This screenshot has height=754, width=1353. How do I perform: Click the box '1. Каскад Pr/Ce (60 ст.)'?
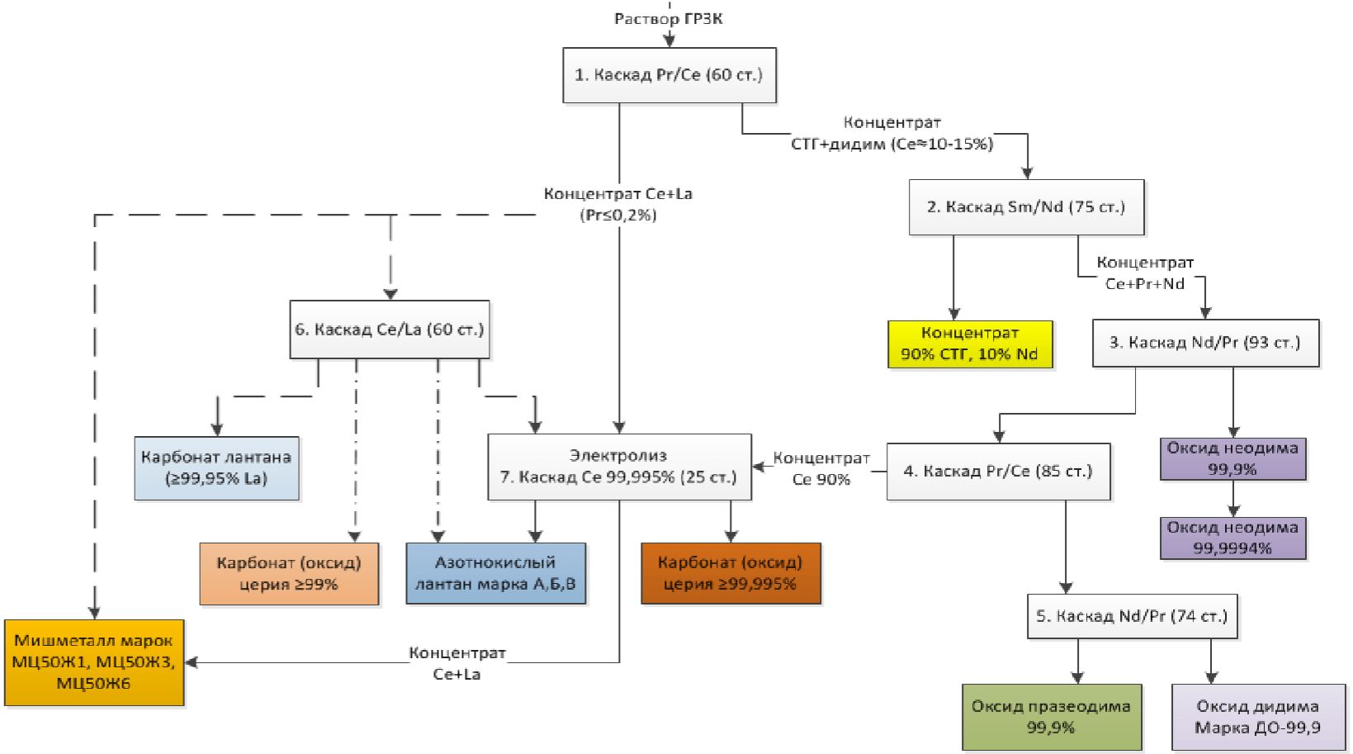(669, 75)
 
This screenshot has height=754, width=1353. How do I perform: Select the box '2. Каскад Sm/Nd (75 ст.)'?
(1026, 207)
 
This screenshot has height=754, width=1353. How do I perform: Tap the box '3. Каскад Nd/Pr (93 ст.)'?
(1205, 343)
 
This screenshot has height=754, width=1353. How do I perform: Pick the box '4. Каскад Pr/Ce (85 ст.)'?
(998, 472)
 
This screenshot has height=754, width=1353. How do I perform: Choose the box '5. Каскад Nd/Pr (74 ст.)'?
(1132, 616)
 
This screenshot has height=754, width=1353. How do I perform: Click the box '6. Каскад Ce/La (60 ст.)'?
(390, 330)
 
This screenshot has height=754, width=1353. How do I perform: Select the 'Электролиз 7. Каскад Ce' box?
(619, 467)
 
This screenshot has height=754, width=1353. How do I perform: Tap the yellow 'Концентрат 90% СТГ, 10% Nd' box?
(970, 344)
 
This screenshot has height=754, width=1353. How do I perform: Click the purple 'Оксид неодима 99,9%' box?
(1232, 458)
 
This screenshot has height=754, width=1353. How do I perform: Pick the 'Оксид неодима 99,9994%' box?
(1232, 538)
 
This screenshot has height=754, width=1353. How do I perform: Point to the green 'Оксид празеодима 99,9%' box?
(1052, 717)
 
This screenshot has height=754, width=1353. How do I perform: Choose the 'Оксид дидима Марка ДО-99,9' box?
(1257, 717)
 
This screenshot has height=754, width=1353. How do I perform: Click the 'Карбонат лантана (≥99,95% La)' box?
(216, 468)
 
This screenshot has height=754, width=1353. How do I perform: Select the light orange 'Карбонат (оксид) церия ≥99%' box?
(289, 574)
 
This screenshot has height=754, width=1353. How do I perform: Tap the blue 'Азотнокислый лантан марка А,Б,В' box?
(495, 574)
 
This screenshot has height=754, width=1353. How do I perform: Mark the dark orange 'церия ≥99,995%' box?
(731, 574)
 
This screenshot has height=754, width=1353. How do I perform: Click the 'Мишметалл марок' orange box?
(94, 662)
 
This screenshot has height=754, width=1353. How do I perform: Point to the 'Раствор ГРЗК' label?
(669, 18)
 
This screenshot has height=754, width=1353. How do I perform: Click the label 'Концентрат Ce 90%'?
(821, 468)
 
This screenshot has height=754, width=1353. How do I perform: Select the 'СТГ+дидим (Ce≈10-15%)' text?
(892, 144)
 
